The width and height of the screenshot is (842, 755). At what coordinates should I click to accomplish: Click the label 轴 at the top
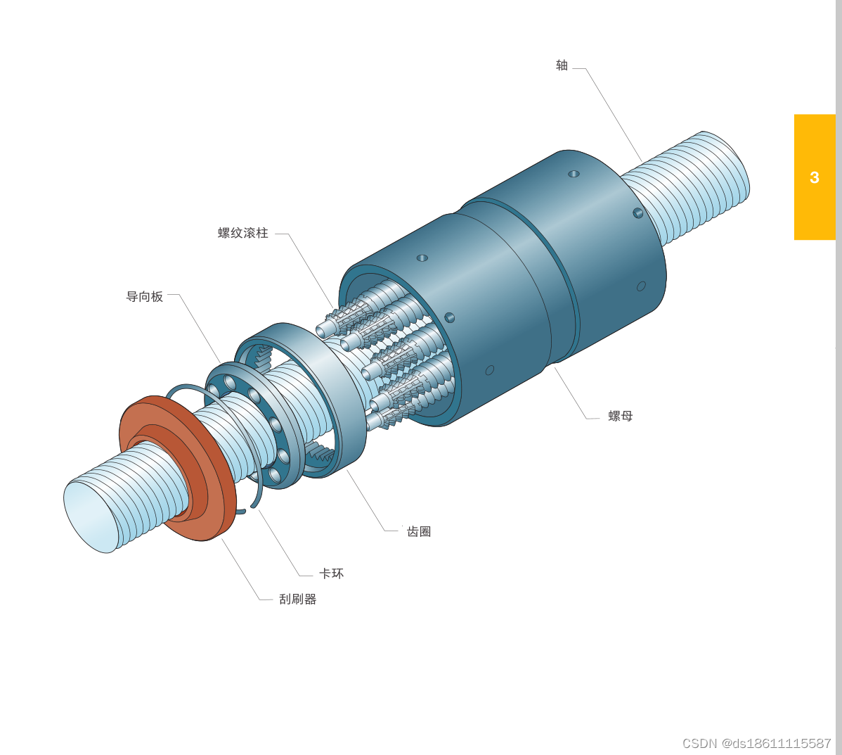pos(562,65)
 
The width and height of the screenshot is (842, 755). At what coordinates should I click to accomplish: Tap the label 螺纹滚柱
pos(242,233)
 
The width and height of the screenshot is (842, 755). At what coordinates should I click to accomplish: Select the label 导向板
pos(145,297)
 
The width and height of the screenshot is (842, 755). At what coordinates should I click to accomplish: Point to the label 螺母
pos(620,416)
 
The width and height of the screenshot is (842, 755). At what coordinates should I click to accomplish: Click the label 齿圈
pos(419,531)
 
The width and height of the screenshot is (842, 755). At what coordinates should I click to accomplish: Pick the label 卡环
pos(331,573)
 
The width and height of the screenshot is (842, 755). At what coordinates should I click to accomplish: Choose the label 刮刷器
pos(297,599)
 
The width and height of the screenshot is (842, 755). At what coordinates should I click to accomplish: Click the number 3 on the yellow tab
pos(814,177)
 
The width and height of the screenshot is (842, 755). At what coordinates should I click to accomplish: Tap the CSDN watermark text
pos(757,743)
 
